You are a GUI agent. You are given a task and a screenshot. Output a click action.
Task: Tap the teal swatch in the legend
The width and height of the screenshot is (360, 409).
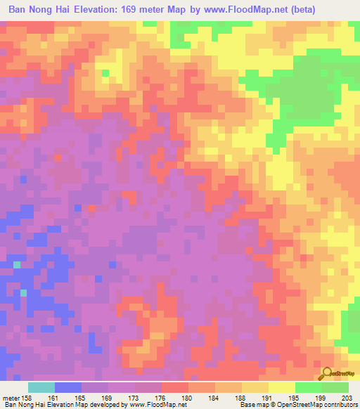click(x=41, y=387)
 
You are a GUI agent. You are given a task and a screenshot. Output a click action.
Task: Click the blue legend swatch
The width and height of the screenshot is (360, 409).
click(x=67, y=387)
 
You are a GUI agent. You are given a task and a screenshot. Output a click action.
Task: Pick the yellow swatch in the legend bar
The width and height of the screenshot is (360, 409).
click(x=281, y=387)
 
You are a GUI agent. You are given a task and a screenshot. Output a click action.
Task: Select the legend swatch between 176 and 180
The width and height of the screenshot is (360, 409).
click(x=174, y=387)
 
